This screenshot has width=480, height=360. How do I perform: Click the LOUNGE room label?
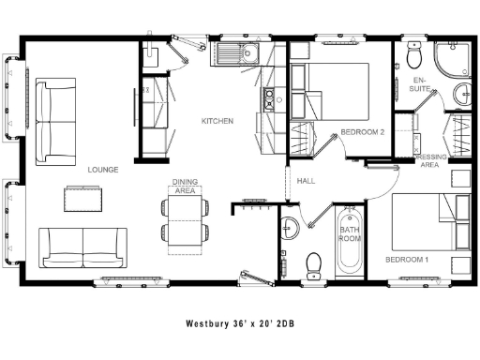tap(102, 170)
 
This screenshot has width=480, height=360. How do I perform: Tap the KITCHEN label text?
tap(217, 121)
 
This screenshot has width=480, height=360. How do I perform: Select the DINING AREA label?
tap(184, 186)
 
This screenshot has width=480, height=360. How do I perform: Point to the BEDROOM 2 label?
tap(364, 131)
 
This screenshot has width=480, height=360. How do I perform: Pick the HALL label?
tap(306, 181)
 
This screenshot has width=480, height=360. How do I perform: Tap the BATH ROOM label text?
tap(349, 234)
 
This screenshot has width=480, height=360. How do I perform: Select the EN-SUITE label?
tap(421, 85)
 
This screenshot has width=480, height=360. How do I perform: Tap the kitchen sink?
tap(235, 52)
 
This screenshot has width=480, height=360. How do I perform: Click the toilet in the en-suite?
tap(413, 58)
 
